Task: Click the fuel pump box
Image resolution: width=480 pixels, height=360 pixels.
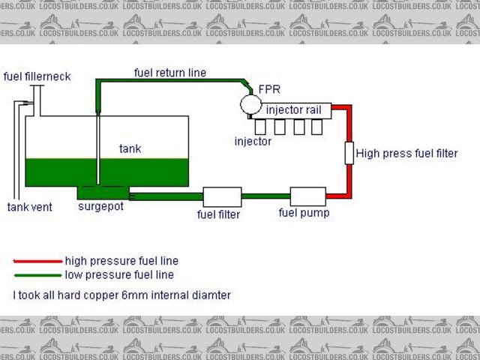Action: click(x=307, y=196)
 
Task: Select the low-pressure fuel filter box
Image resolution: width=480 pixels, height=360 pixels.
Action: click(x=222, y=196)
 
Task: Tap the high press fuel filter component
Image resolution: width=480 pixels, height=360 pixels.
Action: click(x=349, y=152)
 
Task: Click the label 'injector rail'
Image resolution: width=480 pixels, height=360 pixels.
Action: click(x=294, y=110)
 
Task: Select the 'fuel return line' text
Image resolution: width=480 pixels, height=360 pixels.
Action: click(x=170, y=73)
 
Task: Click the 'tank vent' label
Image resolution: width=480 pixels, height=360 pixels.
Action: click(x=30, y=207)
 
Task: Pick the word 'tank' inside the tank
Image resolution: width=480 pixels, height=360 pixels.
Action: click(x=130, y=148)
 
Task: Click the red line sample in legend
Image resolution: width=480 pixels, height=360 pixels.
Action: click(x=37, y=261)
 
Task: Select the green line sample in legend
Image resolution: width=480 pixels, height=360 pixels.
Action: click(x=37, y=275)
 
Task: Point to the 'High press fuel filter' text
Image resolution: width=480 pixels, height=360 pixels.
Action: click(x=406, y=153)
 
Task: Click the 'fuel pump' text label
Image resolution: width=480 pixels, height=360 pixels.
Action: click(x=304, y=213)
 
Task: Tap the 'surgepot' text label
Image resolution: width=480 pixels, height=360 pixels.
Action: click(x=100, y=206)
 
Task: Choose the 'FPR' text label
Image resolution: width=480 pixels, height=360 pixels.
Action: click(x=269, y=88)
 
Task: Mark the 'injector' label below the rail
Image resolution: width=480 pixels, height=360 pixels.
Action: click(x=253, y=141)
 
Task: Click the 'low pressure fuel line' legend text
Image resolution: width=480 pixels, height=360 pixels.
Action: click(x=120, y=275)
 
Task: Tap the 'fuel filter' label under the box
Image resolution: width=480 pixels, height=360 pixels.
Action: click(x=218, y=214)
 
